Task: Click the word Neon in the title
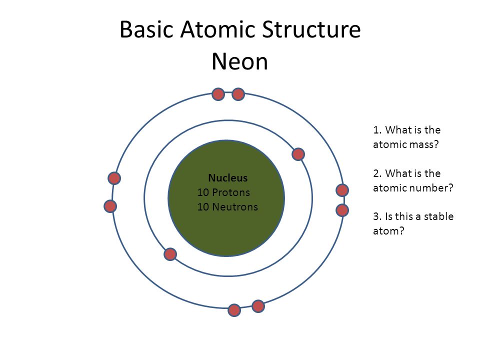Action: point(239,61)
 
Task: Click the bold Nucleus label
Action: point(227,178)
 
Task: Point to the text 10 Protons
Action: point(223,192)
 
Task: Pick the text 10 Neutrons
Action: point(227,206)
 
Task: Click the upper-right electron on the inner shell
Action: point(298,154)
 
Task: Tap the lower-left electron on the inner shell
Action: point(170,254)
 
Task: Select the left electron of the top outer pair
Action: point(218,94)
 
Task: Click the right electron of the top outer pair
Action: point(238,94)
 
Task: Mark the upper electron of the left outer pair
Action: point(114,178)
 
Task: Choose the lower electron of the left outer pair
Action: point(110,206)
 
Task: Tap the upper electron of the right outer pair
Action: point(342,190)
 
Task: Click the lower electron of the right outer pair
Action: point(342,210)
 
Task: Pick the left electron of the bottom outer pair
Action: point(234,310)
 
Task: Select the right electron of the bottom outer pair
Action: point(258,305)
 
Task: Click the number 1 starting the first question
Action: point(376,130)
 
